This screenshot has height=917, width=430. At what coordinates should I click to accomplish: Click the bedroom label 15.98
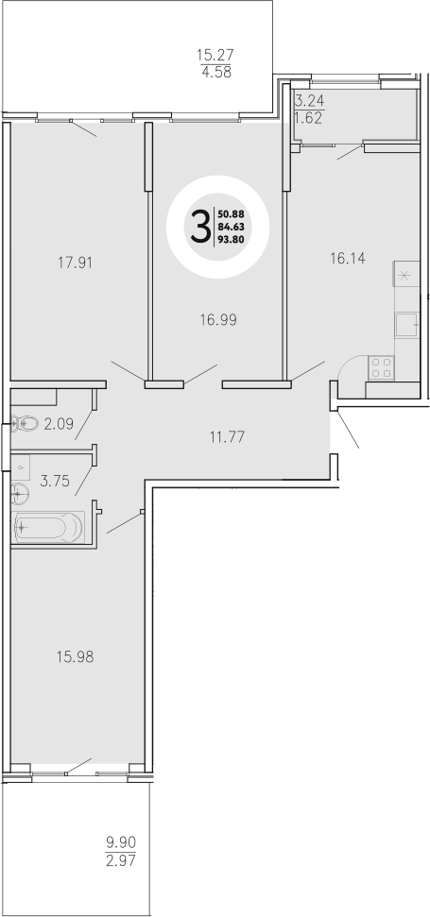(76, 655)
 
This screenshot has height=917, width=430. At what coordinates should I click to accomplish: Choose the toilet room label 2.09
(59, 424)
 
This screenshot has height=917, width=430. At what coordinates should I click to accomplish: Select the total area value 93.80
(232, 240)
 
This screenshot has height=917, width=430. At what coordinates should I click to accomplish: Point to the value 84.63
(232, 227)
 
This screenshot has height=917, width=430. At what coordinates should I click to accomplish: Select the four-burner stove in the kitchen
(383, 368)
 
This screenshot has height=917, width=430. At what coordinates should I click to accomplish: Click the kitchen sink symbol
(407, 326)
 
